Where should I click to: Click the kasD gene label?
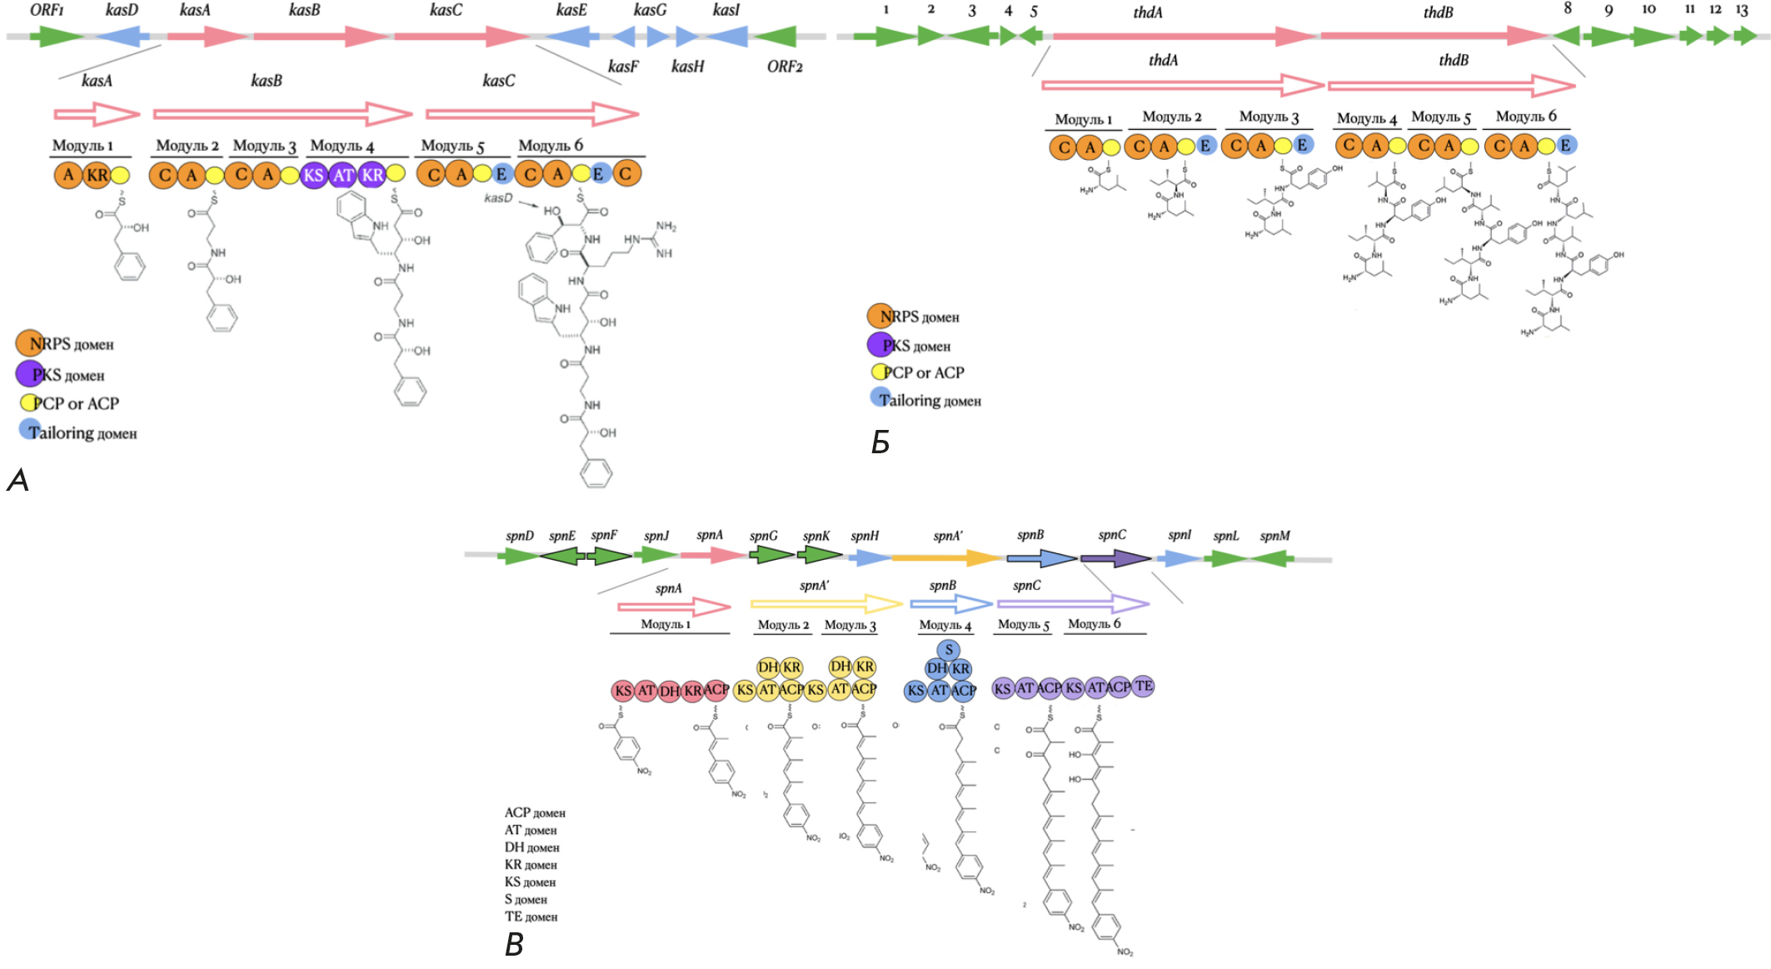pyautogui.click(x=122, y=10)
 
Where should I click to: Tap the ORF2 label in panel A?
pyautogui.click(x=784, y=67)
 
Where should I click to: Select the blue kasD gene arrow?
pyautogui.click(x=122, y=36)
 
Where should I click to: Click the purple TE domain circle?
pyautogui.click(x=1144, y=686)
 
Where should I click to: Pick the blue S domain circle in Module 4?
pyautogui.click(x=948, y=650)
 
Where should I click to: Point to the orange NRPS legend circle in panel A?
pyautogui.click(x=30, y=342)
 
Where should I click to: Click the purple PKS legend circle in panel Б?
pyautogui.click(x=881, y=344)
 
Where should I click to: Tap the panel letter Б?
pyautogui.click(x=881, y=442)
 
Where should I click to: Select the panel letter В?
pyautogui.click(x=514, y=945)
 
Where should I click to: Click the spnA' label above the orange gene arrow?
pyautogui.click(x=947, y=536)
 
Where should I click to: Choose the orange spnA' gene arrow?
pyautogui.click(x=946, y=557)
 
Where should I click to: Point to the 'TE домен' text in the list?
pyautogui.click(x=531, y=917)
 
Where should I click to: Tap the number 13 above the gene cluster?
pyautogui.click(x=1742, y=10)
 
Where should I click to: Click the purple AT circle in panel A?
pyautogui.click(x=343, y=175)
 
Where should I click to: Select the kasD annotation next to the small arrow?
pyautogui.click(x=498, y=198)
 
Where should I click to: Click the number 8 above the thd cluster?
pyautogui.click(x=1568, y=8)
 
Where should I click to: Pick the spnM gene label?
pyautogui.click(x=1275, y=536)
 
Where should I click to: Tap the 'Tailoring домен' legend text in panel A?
pyautogui.click(x=83, y=433)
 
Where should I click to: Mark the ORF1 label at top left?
pyautogui.click(x=47, y=10)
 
